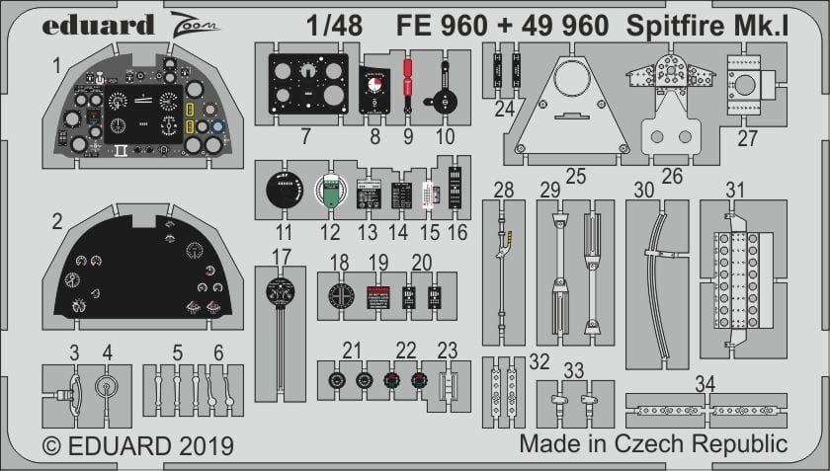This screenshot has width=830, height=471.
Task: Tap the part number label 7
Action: pos(306,136)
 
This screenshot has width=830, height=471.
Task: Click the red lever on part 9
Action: pos(407,84)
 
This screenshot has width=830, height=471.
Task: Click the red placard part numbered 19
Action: pos(379,296)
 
